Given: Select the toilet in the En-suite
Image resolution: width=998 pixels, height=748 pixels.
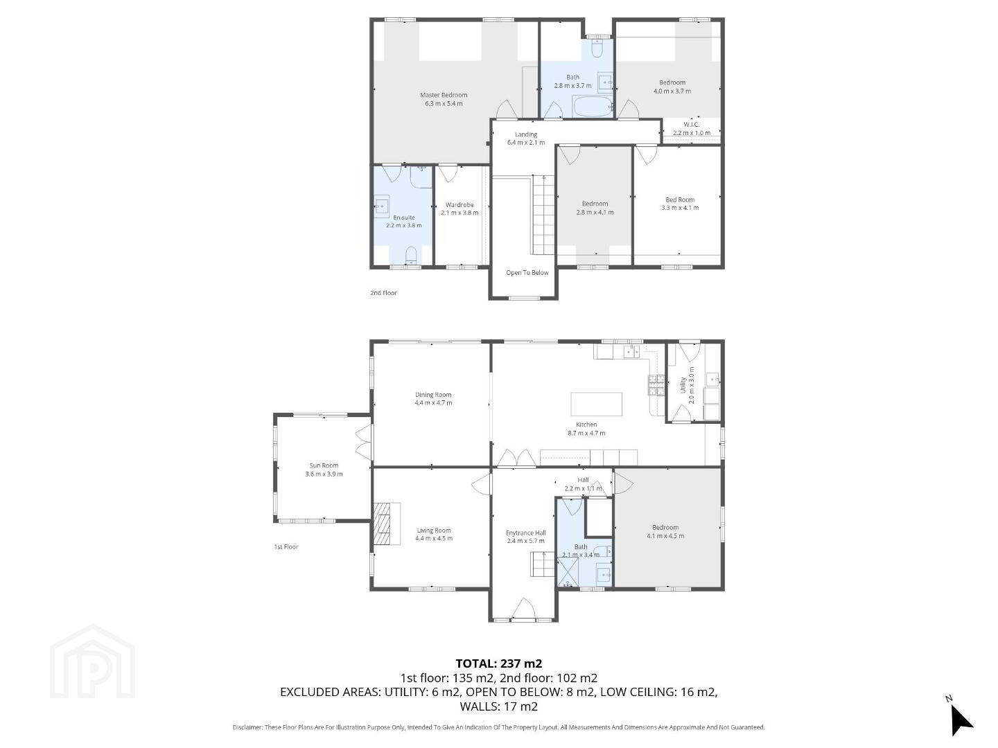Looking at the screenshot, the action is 410,256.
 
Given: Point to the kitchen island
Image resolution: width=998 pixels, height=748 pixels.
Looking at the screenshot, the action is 596,404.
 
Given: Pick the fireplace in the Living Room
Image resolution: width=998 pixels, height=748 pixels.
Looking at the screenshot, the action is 387,523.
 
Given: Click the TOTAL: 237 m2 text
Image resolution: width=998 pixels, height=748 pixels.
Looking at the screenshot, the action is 499,664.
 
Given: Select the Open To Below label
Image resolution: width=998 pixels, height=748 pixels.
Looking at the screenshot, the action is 527,272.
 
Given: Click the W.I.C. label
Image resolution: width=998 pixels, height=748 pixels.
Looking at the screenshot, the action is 691,124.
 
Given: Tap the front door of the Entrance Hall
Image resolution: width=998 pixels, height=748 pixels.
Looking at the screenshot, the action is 523,609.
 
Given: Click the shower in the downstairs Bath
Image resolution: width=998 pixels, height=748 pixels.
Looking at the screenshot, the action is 568,571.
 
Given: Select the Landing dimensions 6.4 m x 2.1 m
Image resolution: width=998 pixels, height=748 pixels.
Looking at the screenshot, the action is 525,142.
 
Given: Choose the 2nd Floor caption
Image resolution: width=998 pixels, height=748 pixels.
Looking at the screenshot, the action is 383,293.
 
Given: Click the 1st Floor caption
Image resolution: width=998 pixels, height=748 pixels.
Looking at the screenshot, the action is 286,547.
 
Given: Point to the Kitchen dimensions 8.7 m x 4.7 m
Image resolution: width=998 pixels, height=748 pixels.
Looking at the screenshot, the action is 586,433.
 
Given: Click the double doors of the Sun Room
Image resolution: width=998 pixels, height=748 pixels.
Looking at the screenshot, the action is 364,443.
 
